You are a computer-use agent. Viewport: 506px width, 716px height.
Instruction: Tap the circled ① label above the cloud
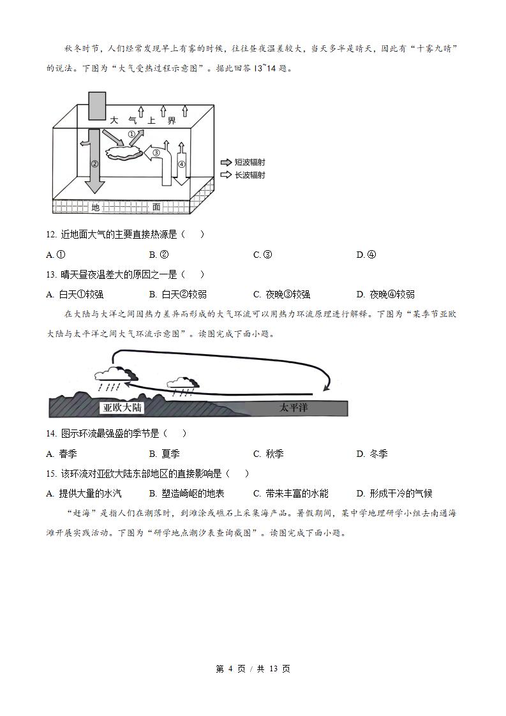(132, 135)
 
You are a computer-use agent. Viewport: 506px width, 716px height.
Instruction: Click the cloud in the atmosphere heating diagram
(124, 154)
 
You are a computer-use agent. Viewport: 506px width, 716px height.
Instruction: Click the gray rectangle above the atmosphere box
(97, 106)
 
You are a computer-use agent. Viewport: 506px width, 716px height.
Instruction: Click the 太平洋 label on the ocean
(294, 407)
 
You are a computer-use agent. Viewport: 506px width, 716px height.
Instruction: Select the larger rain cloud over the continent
(115, 375)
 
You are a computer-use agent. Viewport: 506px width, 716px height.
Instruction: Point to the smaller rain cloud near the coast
(180, 383)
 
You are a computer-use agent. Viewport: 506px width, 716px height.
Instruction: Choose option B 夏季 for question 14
(164, 454)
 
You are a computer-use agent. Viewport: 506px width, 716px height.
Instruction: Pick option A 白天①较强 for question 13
(75, 294)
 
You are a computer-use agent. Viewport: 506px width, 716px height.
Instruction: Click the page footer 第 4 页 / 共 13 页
(253, 669)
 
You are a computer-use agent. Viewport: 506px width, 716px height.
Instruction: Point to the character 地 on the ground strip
(95, 207)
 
